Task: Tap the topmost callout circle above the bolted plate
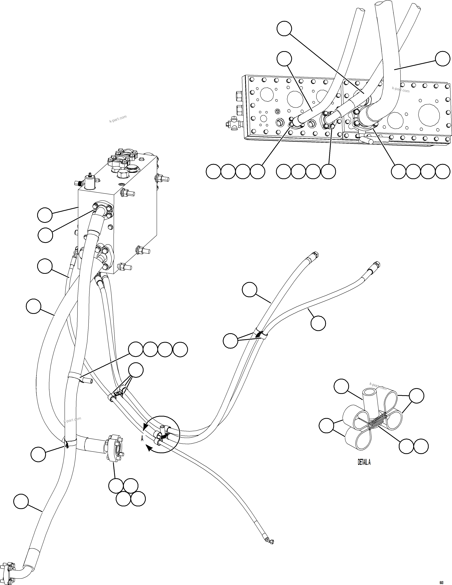pyautogui.click(x=284, y=29)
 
